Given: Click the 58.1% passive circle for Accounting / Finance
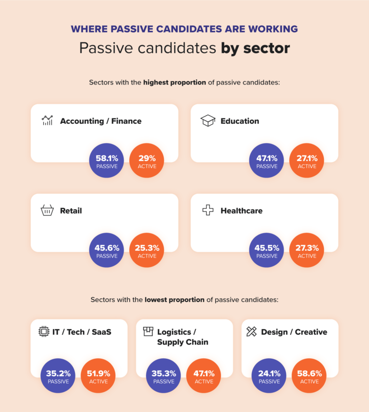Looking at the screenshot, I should pyautogui.click(x=107, y=160).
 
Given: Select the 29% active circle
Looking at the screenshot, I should pyautogui.click(x=147, y=160).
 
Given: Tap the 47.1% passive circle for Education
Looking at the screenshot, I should pyautogui.click(x=267, y=160).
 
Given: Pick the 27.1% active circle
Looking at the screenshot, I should pyautogui.click(x=307, y=160).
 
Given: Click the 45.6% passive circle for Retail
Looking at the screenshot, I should pyautogui.click(x=107, y=250).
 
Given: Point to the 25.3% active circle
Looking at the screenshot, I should pyautogui.click(x=147, y=250).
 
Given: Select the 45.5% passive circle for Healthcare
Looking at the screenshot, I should pyautogui.click(x=267, y=250).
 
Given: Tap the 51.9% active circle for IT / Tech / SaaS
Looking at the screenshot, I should pyautogui.click(x=98, y=376).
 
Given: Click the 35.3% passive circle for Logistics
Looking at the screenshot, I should pyautogui.click(x=163, y=376).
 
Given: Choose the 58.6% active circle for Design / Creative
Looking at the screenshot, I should pyautogui.click(x=309, y=376).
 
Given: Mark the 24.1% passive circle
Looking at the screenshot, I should pyautogui.click(x=269, y=376).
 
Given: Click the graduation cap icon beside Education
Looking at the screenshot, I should pyautogui.click(x=208, y=121).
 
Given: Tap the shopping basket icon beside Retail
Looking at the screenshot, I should pyautogui.click(x=47, y=211).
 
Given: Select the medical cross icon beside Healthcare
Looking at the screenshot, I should pyautogui.click(x=208, y=211).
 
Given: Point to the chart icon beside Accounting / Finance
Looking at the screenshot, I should pyautogui.click(x=47, y=121).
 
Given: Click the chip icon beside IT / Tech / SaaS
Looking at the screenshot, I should pyautogui.click(x=44, y=331).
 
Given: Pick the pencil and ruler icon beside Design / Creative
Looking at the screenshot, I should pyautogui.click(x=251, y=331).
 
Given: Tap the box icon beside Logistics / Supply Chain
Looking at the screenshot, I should pyautogui.click(x=148, y=331).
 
